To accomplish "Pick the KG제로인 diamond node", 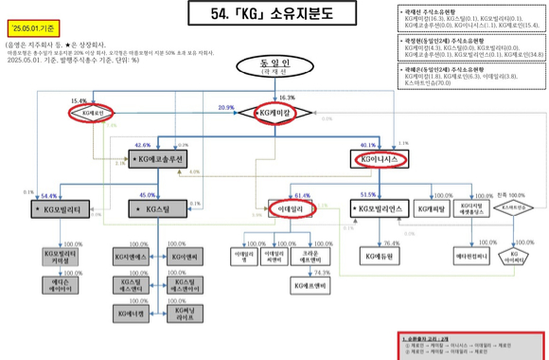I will pos(86,114).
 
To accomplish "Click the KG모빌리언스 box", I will pos(377,206).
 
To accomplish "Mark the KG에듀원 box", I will pos(379,256).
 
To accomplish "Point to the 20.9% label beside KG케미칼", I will pos(226,108).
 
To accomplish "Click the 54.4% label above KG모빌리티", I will pos(50,195).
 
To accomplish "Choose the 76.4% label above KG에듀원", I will pos(391,243).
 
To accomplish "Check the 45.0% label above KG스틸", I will pos(148,195).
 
